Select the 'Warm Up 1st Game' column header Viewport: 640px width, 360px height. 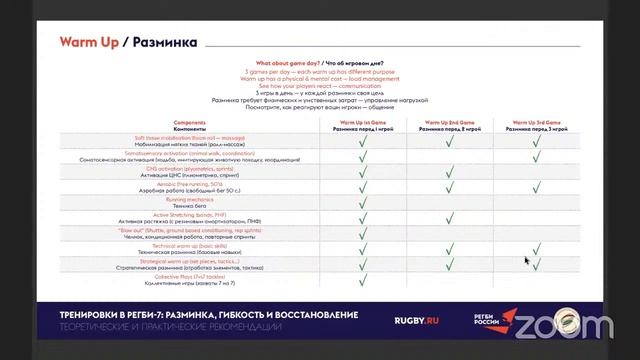[363, 127]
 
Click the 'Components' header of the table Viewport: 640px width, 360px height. [162, 127]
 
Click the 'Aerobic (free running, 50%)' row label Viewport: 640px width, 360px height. [162, 184]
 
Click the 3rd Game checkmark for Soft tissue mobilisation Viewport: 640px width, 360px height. [536, 141]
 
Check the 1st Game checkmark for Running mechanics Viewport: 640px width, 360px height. [363, 200]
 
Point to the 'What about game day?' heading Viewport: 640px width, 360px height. [292, 62]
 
